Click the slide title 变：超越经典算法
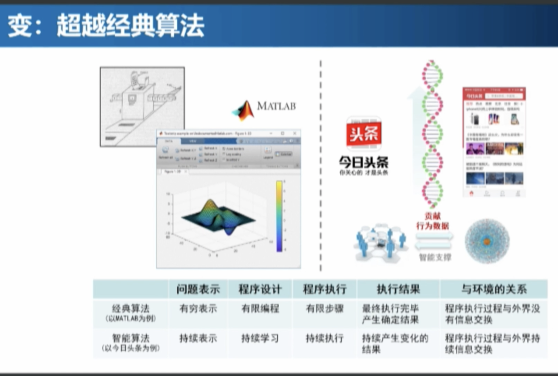(106, 26)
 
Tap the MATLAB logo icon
(243, 110)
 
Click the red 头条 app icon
(364, 134)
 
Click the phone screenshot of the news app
(494, 142)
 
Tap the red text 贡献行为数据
(432, 221)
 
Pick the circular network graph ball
(487, 241)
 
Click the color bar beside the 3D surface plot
(279, 216)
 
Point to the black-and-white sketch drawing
(142, 106)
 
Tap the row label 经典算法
(131, 309)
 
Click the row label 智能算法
(131, 339)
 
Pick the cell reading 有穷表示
(198, 309)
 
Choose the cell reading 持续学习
(260, 339)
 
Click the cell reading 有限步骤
(324, 309)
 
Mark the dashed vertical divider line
(321, 165)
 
